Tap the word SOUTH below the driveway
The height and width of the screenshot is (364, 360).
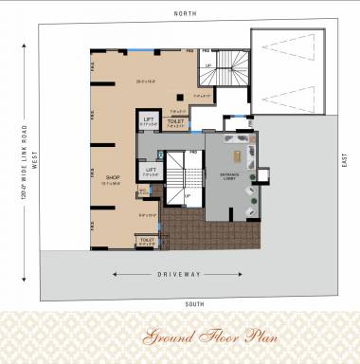click(195, 303)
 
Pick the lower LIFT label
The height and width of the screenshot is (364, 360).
click(151, 169)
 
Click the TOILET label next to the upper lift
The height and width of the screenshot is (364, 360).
click(175, 121)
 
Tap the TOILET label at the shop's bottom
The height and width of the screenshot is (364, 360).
click(147, 240)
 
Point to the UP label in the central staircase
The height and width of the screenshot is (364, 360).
click(188, 196)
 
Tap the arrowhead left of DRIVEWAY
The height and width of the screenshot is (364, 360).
click(115, 275)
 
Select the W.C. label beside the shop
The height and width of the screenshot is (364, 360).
click(142, 189)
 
